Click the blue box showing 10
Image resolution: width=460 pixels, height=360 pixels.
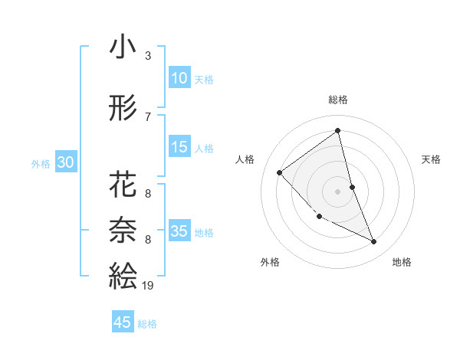(179, 78)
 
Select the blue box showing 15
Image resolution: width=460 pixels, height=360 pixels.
(179, 147)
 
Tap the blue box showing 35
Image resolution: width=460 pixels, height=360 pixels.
(179, 231)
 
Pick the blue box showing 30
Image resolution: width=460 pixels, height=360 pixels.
(65, 162)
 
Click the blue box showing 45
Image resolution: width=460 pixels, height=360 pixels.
(123, 322)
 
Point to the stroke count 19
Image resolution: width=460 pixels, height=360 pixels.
(148, 285)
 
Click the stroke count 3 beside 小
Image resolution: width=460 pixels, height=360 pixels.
(148, 56)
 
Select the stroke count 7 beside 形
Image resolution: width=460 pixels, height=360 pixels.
(148, 116)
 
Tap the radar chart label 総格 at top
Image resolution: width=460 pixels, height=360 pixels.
(337, 100)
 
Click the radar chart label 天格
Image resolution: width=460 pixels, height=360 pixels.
(432, 159)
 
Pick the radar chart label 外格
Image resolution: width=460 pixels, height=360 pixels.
(270, 262)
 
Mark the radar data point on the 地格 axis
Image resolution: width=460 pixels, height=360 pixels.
(374, 242)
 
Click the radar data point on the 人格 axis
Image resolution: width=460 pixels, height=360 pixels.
(280, 172)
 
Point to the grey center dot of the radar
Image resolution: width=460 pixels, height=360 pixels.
(337, 191)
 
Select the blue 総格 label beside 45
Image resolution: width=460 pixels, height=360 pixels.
(148, 324)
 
